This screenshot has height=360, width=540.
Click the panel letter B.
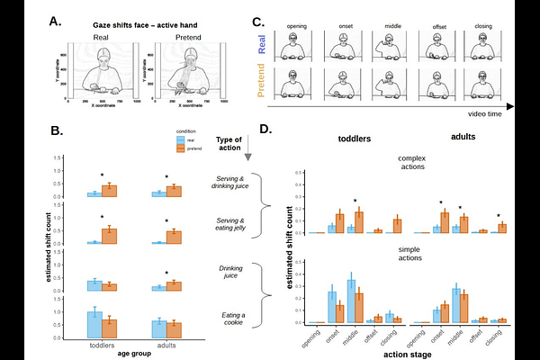(x=57, y=131)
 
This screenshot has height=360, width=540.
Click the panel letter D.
(x=266, y=130)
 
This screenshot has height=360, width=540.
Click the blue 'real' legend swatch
(x=181, y=139)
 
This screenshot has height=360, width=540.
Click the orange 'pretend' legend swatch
(x=181, y=147)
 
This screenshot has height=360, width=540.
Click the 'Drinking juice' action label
(x=231, y=273)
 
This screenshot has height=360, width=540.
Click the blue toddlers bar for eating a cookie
(x=93, y=325)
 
